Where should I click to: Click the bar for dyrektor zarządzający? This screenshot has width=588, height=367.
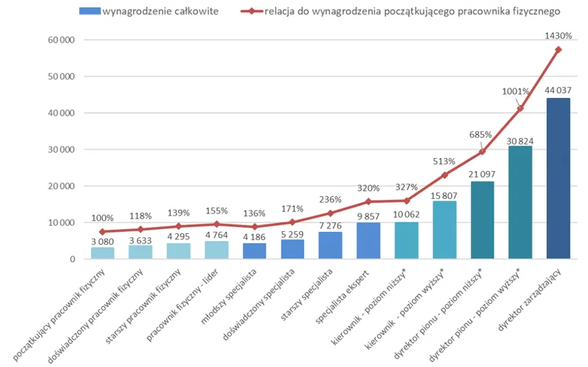[558, 179]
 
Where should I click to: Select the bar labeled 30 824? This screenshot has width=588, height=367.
[520, 203]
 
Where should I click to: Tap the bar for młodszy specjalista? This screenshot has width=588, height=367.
[254, 251]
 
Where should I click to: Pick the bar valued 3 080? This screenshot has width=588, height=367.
[103, 253]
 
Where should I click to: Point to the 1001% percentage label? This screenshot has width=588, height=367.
[516, 91]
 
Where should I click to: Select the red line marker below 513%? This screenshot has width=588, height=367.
[444, 175]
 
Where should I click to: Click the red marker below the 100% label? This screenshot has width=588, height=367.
[103, 232]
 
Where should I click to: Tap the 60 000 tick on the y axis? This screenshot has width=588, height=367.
[60, 40]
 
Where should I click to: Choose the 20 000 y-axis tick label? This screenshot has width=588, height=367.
[60, 186]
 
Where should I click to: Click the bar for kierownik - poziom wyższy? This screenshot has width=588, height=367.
[444, 230]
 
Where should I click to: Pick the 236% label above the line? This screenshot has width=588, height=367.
[330, 200]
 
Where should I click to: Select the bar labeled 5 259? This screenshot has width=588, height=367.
[292, 249]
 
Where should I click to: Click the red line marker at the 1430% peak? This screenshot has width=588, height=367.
[558, 50]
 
